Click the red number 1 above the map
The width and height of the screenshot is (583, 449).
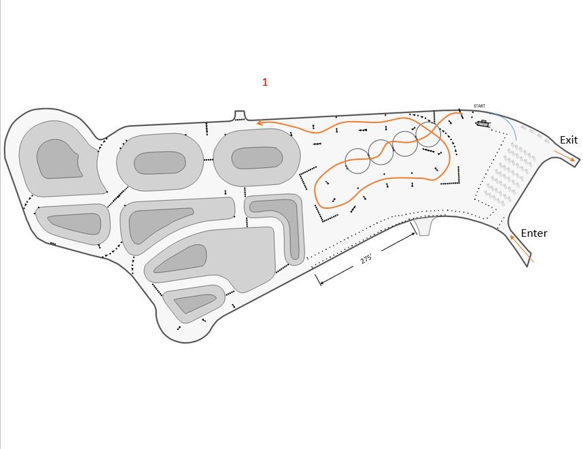click(x=265, y=82)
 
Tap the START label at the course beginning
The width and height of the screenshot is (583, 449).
click(x=479, y=106)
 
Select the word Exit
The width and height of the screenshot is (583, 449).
click(x=569, y=140)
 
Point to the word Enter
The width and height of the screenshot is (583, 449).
click(x=534, y=233)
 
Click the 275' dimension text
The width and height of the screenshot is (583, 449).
click(x=366, y=259)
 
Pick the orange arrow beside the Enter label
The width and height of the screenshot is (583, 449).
click(x=522, y=249)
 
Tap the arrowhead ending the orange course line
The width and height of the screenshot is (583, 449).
click(x=260, y=122)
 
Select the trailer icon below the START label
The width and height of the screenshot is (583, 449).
click(x=482, y=124)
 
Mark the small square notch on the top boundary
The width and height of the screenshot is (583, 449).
click(x=240, y=116)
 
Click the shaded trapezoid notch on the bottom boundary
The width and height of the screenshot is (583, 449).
click(x=423, y=227)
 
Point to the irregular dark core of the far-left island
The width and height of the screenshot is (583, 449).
click(x=58, y=159)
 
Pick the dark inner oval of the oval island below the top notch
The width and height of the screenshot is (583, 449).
click(x=257, y=158)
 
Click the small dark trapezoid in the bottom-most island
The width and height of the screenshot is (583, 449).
click(x=194, y=303)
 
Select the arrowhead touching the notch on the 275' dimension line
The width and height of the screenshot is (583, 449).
click(x=413, y=234)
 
